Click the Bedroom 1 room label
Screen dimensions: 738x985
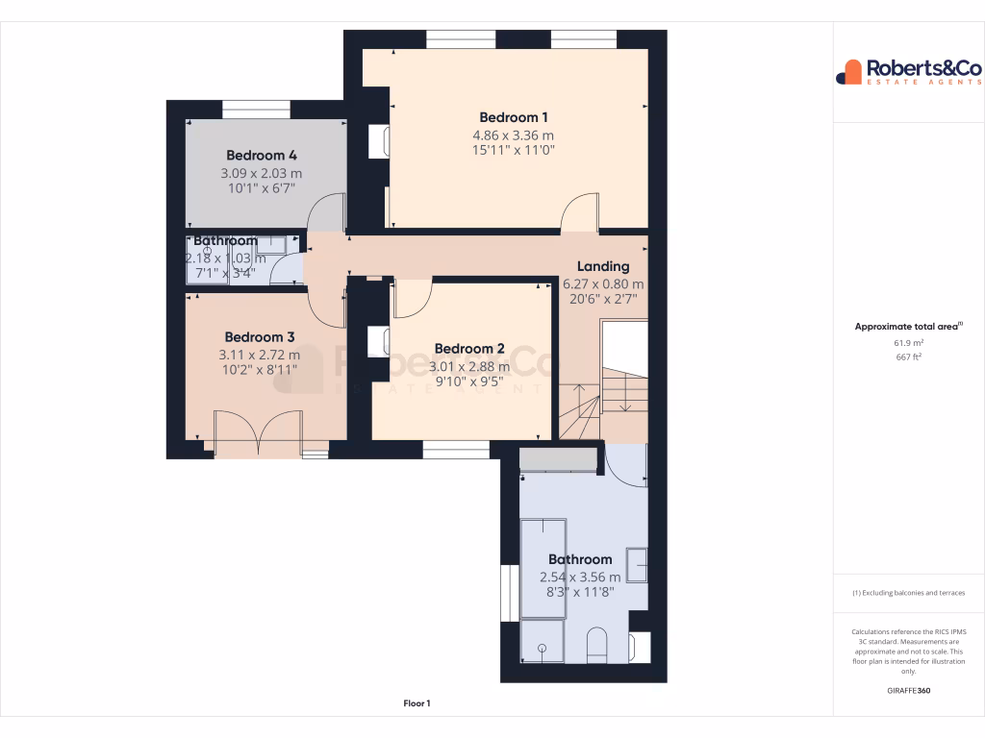[x=514, y=117]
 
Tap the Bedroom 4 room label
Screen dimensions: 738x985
[x=261, y=155]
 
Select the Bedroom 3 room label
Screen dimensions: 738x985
[x=260, y=336]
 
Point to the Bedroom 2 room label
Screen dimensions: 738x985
[x=469, y=348]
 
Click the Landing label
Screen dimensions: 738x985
[x=603, y=266]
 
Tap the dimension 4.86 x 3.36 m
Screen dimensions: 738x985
[x=514, y=135]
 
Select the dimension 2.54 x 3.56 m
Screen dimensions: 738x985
[x=580, y=577]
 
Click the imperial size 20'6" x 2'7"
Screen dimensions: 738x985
[x=603, y=301]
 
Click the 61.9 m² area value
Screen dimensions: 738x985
[x=909, y=342]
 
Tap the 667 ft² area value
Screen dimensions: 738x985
[x=909, y=357]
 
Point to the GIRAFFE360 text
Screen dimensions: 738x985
[x=909, y=690]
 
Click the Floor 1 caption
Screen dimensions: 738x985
[x=417, y=703]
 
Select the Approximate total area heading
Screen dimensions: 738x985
[x=908, y=327]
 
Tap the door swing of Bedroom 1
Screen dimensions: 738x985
[x=580, y=211]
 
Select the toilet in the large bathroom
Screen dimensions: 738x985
[x=596, y=645]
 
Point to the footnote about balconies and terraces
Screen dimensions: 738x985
[x=909, y=593]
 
